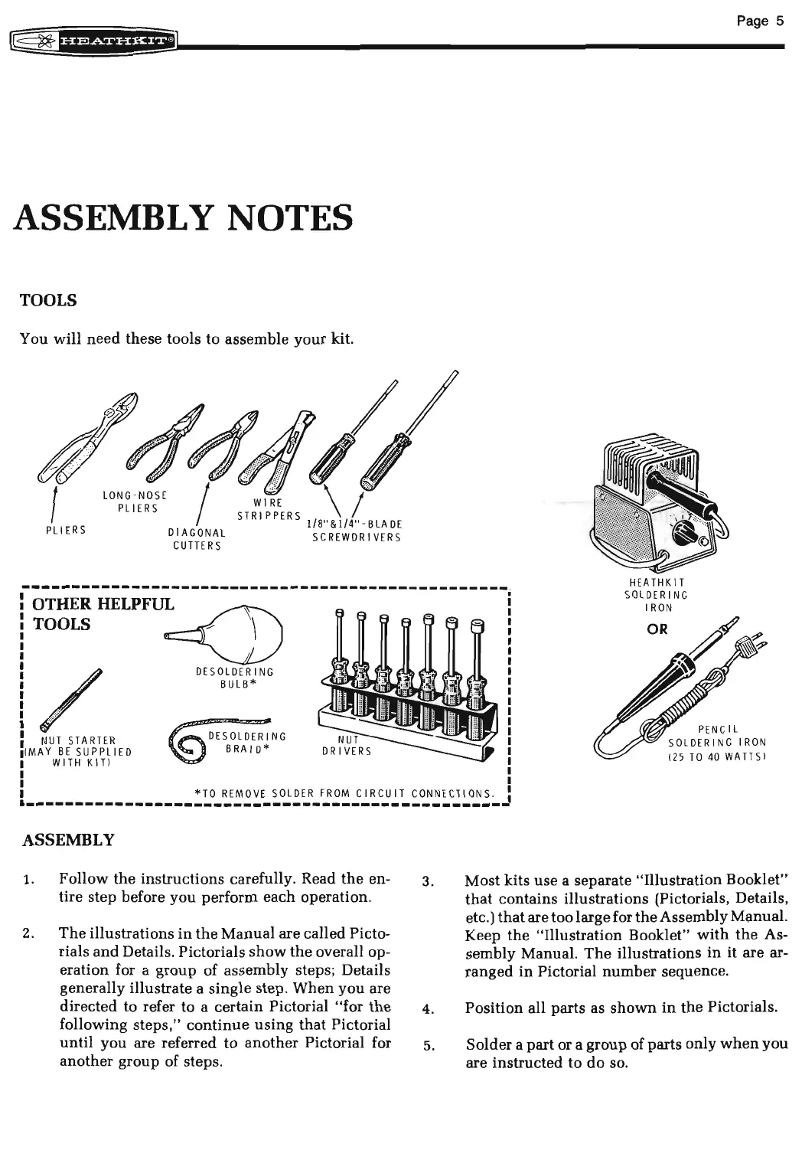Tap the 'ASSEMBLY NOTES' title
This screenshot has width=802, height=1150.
pyautogui.click(x=183, y=217)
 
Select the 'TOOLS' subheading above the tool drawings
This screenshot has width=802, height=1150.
pyautogui.click(x=47, y=300)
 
